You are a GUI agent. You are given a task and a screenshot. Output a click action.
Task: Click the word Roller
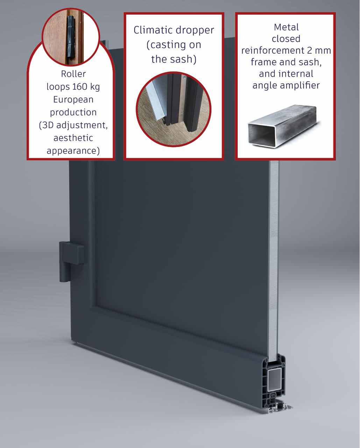coord(73,74)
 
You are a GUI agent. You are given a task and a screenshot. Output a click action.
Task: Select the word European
coord(73,99)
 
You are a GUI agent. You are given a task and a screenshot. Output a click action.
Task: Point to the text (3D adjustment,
coord(73,125)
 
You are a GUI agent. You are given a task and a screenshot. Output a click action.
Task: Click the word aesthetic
coord(73,138)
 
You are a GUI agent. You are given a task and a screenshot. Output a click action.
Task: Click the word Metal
coord(286,27)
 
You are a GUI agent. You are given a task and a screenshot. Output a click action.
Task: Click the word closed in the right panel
coord(286,39)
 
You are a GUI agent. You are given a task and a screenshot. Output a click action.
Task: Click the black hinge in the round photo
coord(71,36)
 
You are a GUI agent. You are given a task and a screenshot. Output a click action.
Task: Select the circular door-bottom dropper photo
coord(174,108)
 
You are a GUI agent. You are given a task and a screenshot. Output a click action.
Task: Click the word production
coord(73,112)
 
